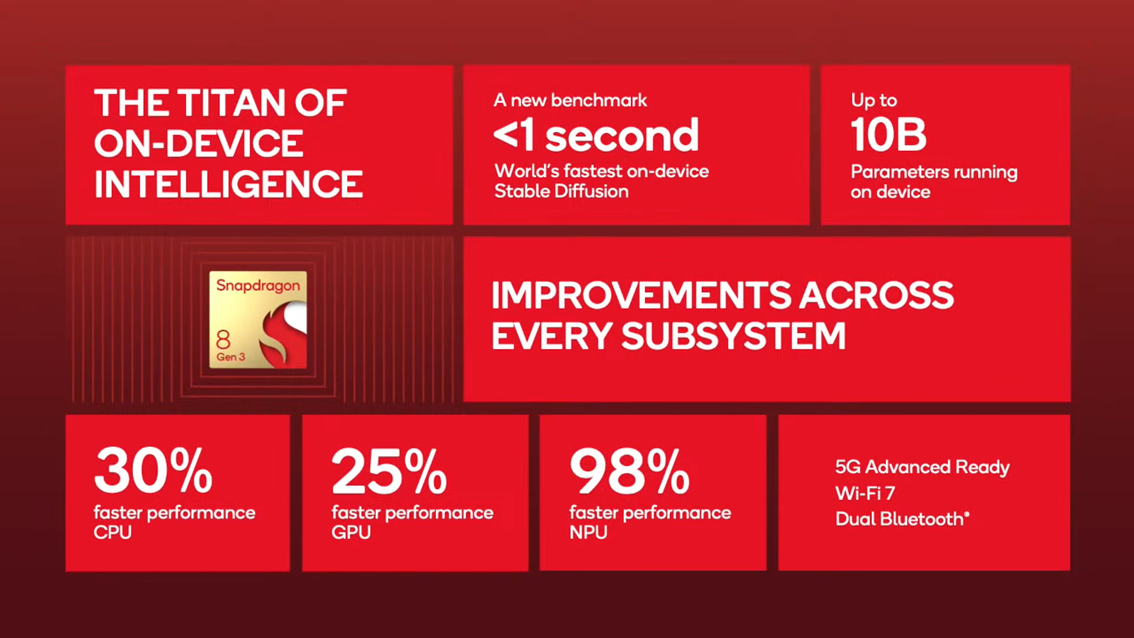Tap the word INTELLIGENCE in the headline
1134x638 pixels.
click(x=229, y=184)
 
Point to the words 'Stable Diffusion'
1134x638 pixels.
click(x=561, y=191)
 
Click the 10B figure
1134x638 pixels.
click(x=888, y=135)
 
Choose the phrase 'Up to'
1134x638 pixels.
click(x=874, y=100)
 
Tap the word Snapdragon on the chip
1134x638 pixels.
click(x=258, y=286)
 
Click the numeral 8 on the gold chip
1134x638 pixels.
click(x=223, y=340)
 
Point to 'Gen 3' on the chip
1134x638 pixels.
click(x=230, y=357)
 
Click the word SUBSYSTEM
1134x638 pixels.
click(x=734, y=336)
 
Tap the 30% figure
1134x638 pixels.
click(x=154, y=471)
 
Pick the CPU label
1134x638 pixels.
click(x=113, y=532)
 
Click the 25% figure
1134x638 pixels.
click(x=390, y=471)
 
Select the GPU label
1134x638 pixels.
click(x=351, y=532)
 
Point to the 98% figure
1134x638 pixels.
click(x=630, y=471)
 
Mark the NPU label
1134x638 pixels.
click(x=588, y=532)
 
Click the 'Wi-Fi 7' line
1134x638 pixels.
click(x=865, y=493)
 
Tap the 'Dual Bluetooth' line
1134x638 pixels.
click(x=902, y=519)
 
